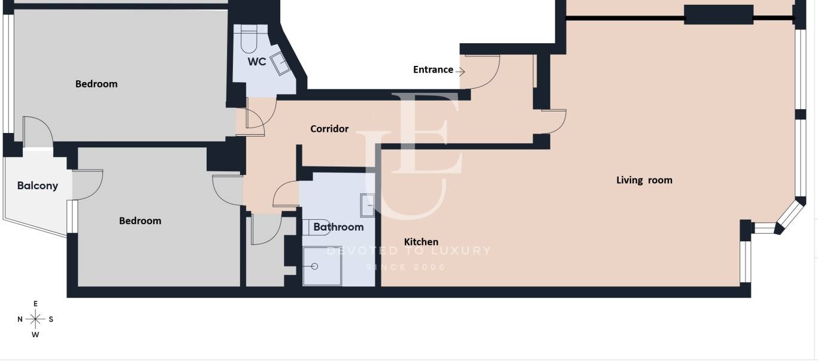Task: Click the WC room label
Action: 257,62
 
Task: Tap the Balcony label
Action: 38,186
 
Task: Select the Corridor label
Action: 329,129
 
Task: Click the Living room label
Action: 644,180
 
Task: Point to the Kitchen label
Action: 421,242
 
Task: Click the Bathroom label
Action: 338,227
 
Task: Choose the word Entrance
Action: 433,69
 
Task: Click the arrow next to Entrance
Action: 460,71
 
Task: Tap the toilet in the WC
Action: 249,39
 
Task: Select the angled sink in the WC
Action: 280,63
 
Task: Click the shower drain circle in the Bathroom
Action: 314,267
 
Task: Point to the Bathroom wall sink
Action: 367,205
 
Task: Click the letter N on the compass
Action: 20,319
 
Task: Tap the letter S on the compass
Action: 51,319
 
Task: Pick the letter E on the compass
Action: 35,304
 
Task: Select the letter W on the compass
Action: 35,334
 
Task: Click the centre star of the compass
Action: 35,319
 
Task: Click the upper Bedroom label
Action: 96,84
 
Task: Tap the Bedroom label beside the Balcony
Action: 140,220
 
